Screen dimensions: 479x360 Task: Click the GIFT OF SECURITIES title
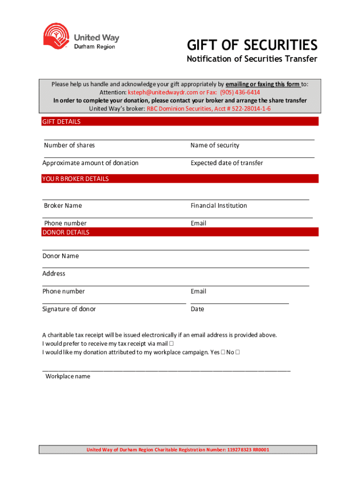tap(252, 45)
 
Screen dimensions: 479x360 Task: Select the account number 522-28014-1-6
tap(249, 109)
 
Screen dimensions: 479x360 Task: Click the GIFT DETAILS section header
tap(62, 122)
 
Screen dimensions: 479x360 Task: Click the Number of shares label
tap(69, 145)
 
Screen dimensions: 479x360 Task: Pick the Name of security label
tap(215, 145)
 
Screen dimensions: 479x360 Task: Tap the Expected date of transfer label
tap(227, 163)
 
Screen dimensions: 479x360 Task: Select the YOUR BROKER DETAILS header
tap(76, 179)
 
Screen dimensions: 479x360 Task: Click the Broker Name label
tap(63, 206)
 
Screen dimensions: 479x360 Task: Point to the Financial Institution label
tap(219, 206)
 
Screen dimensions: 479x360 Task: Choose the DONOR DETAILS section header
tap(66, 232)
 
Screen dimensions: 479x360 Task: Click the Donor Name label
tap(61, 256)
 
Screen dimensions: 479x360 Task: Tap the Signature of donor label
tap(69, 309)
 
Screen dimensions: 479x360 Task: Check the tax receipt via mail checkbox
tap(172, 344)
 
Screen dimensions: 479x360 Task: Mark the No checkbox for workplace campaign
tap(238, 352)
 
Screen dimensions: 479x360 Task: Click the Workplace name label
tap(68, 377)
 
